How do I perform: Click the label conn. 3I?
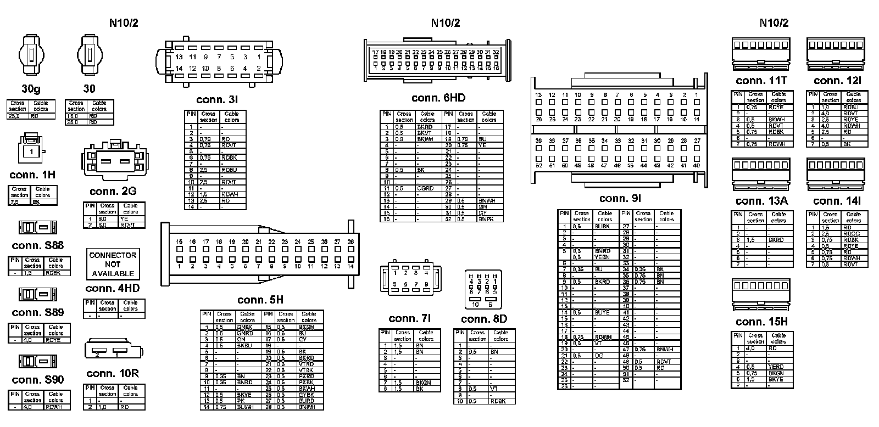217,100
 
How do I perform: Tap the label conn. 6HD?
438,98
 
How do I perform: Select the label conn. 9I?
620,198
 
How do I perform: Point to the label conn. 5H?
260,300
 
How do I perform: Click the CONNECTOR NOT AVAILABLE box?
113,264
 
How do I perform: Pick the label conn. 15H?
761,322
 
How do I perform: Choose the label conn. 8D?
484,319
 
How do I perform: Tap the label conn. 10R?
113,374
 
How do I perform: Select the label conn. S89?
37,313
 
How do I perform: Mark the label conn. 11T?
761,81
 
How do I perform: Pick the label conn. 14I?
837,201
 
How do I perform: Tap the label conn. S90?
37,380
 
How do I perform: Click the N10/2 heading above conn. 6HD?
445,23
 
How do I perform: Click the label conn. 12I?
837,81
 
